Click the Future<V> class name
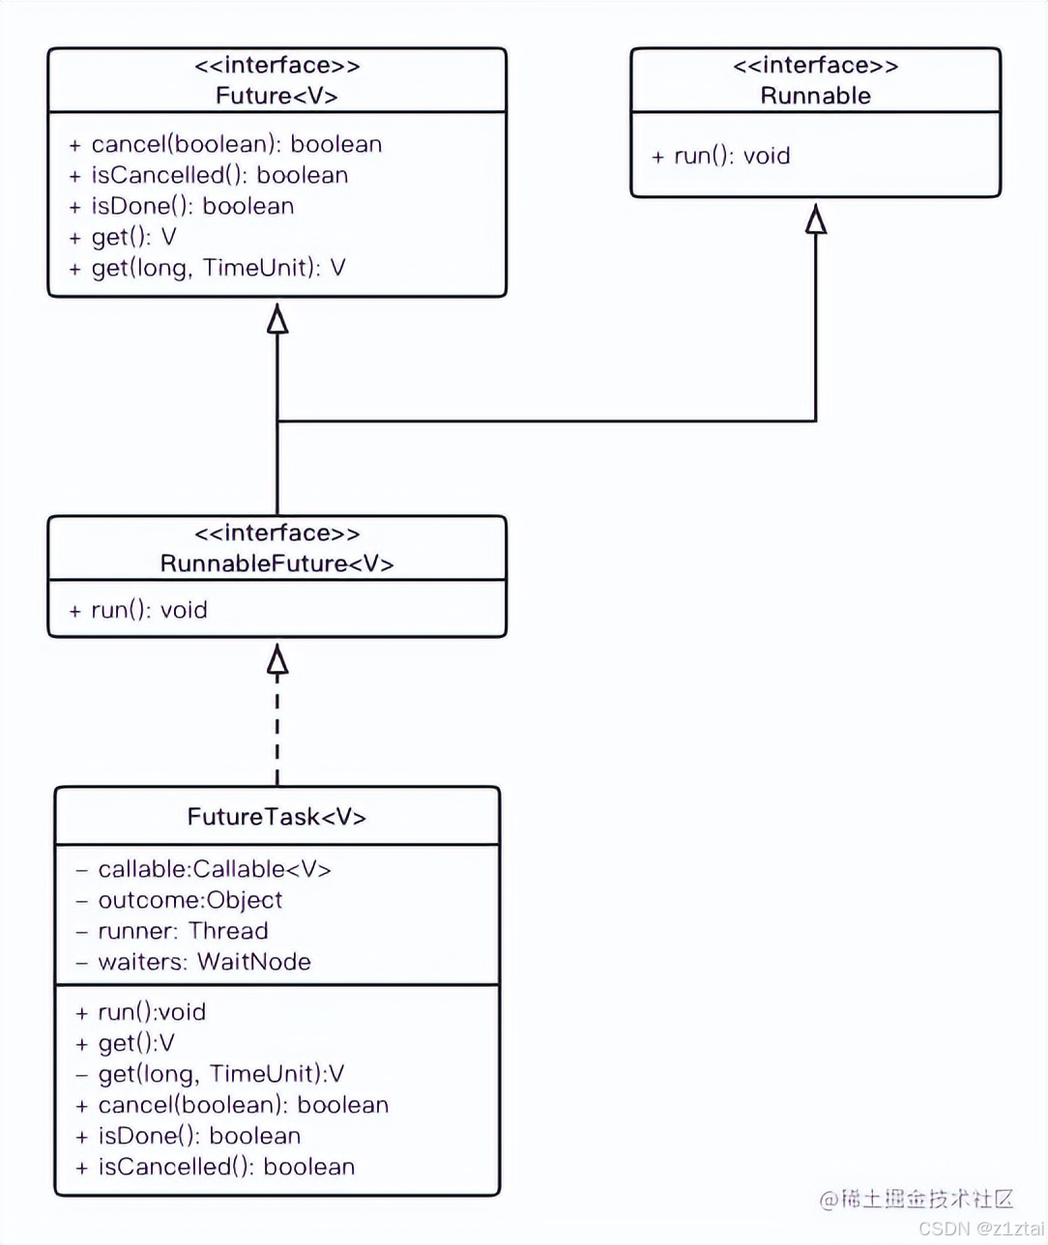277,96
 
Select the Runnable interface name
815,96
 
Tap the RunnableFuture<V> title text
277,564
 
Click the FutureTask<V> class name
277,817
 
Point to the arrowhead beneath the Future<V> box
277,319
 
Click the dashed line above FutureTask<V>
277,735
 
